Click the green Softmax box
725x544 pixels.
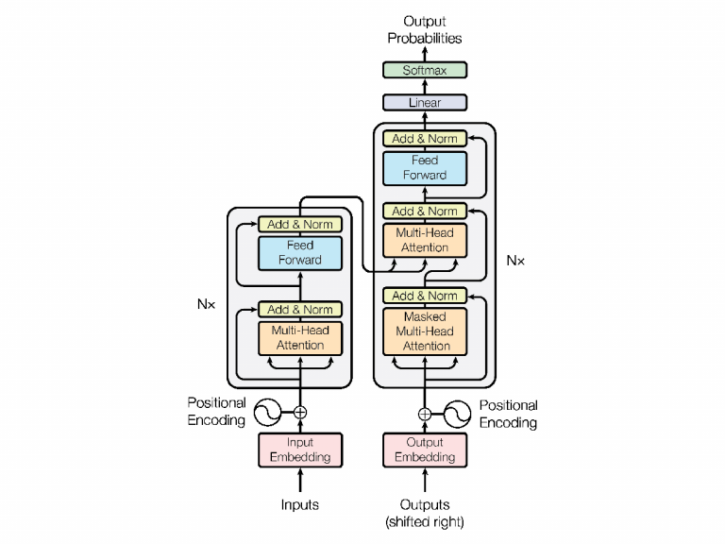point(425,70)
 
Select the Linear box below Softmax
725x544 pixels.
point(425,102)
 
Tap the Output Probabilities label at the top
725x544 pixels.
point(425,29)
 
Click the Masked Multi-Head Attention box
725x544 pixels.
point(425,331)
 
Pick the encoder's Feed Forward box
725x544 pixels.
point(300,252)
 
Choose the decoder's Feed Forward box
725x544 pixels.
point(425,167)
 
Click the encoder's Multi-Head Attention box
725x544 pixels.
point(300,338)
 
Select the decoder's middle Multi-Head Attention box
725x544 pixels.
point(425,240)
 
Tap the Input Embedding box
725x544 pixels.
point(300,450)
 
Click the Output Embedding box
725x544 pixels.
point(425,450)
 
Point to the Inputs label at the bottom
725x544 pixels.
point(300,504)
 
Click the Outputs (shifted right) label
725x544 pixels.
point(425,513)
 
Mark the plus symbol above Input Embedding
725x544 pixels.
point(300,412)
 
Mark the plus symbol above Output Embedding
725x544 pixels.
point(425,413)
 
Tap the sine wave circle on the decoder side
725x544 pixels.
point(457,413)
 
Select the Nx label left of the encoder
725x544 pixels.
point(205,305)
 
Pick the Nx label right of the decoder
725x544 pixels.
point(515,260)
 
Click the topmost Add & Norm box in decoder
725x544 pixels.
point(425,138)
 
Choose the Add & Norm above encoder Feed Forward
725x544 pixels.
point(300,225)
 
